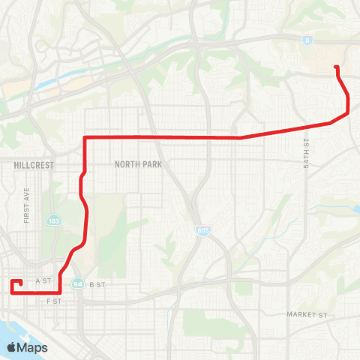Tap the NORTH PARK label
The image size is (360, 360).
click(x=133, y=163)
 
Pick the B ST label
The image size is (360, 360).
click(x=96, y=284)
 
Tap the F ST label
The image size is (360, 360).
click(x=52, y=300)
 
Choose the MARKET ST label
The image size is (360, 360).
click(x=308, y=314)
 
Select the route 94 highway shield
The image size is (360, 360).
click(x=78, y=284)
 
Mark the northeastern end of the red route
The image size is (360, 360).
click(x=335, y=67)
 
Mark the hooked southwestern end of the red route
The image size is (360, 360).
click(x=20, y=282)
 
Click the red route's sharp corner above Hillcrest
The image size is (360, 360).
click(x=85, y=138)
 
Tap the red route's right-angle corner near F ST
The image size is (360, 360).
click(x=59, y=292)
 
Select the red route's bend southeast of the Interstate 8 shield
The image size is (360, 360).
click(x=348, y=113)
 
